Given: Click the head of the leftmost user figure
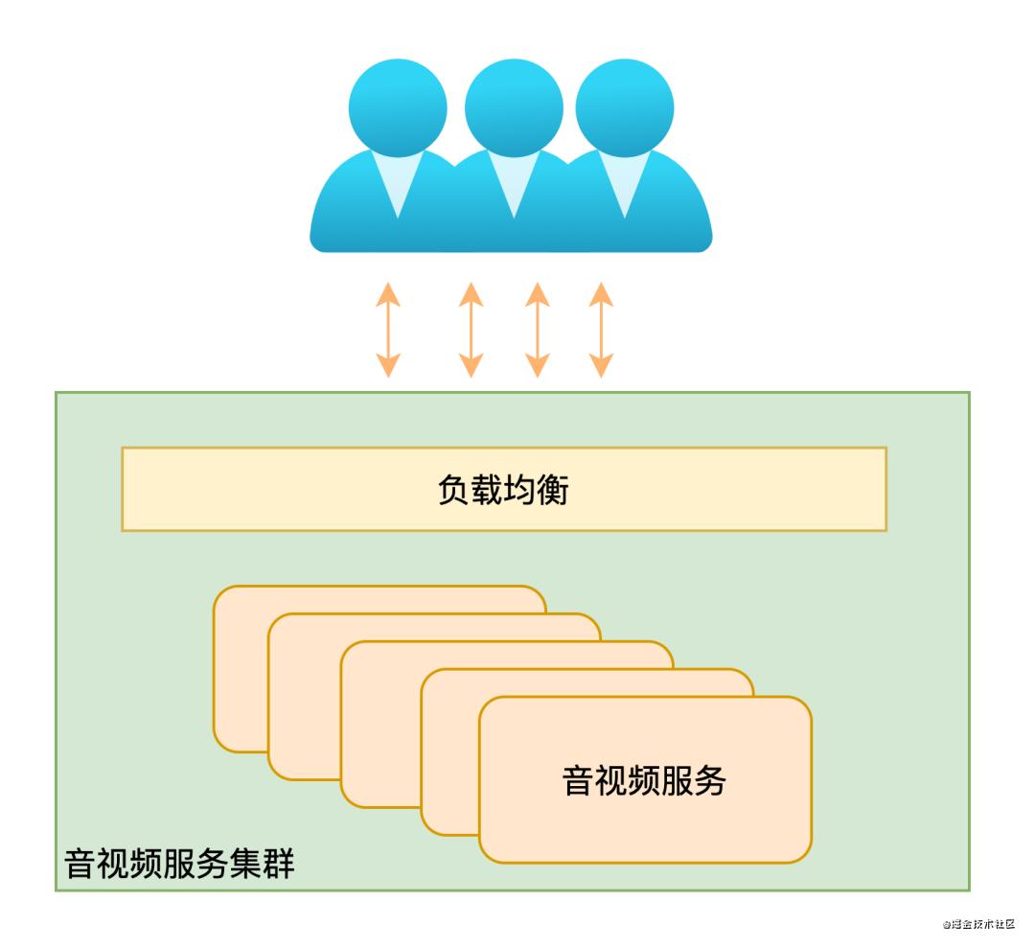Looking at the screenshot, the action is [398, 107].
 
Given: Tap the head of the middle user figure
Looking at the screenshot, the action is [514, 107].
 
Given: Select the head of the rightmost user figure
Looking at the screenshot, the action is [625, 107].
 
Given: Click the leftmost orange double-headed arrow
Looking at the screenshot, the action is [388, 330].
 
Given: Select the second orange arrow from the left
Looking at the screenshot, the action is [471, 330].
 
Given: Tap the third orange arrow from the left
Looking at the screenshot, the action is [538, 330].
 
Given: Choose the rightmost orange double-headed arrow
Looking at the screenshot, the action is [601, 330].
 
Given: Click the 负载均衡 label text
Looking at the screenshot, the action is [503, 490].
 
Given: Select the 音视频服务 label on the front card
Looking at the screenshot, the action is [644, 780].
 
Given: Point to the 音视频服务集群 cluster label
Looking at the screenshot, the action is [179, 863].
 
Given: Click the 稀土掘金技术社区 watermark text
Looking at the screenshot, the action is [978, 924].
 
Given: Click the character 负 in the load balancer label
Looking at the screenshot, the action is [453, 490].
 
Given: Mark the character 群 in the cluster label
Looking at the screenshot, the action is [279, 863].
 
